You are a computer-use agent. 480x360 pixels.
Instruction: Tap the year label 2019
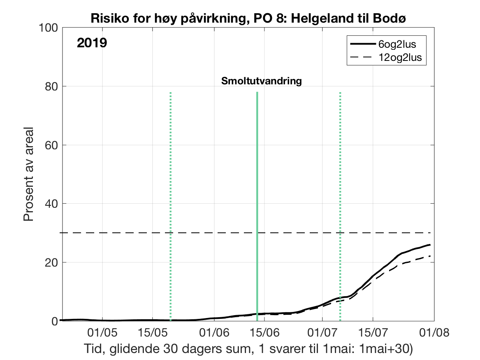(92, 43)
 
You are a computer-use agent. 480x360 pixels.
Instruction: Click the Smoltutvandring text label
(262, 81)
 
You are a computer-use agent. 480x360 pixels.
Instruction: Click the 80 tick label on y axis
(51, 86)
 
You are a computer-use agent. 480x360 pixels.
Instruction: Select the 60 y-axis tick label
(51, 145)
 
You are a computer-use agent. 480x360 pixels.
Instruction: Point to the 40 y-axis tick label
(51, 204)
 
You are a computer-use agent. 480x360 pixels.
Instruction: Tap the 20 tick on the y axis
(51, 262)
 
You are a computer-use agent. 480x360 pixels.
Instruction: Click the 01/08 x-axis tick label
(431, 332)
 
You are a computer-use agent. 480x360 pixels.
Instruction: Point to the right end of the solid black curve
(430, 245)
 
